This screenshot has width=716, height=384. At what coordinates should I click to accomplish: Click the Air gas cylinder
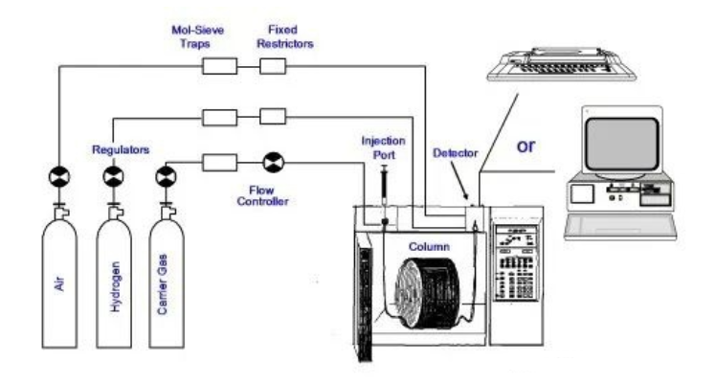coord(59,279)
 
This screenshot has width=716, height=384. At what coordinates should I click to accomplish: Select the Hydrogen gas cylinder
coord(114,279)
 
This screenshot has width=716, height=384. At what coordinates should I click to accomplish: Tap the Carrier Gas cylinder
coord(167,279)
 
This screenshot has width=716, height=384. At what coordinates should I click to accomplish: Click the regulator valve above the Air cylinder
coord(59,177)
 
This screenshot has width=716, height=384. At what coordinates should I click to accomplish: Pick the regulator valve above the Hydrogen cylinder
coord(113,177)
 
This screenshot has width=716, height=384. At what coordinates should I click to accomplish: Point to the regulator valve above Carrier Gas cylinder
coord(166,177)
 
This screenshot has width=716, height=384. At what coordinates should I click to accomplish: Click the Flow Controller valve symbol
coord(274,163)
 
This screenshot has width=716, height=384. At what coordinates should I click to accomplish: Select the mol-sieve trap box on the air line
coord(219,66)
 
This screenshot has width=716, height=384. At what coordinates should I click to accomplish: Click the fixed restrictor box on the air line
coord(273,66)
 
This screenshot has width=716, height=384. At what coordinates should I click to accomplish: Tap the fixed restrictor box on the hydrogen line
coord(273,117)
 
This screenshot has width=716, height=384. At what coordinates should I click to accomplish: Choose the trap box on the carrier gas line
coord(219,163)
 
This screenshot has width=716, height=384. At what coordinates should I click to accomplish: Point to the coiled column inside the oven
coord(427,293)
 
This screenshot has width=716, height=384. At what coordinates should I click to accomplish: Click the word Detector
coord(456,153)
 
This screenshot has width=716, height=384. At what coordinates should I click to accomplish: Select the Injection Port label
coord(384,147)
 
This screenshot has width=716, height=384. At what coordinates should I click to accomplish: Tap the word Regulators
coord(121,149)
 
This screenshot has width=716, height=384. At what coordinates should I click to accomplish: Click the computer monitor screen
coord(622,144)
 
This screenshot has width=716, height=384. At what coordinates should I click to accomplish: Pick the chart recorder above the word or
coord(562,64)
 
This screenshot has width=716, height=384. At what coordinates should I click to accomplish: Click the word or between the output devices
coord(526,147)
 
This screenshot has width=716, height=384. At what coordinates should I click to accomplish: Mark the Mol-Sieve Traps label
coord(197,36)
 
